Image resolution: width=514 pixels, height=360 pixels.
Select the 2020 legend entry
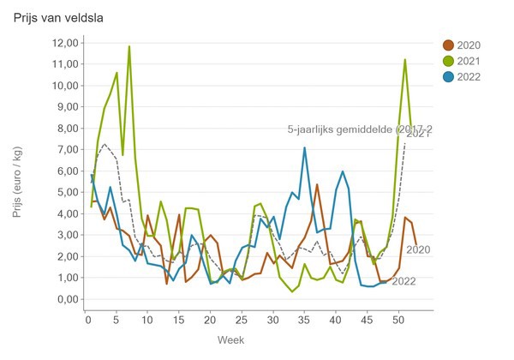469,45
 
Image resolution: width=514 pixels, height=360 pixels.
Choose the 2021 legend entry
469,61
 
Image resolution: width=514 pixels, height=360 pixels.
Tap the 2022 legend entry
469,76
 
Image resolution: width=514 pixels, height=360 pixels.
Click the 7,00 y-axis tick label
65,150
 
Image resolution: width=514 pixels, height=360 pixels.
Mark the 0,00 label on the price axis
65,299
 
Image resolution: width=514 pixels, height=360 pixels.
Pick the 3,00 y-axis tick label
65,235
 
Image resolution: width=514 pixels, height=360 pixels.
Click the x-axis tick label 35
304,321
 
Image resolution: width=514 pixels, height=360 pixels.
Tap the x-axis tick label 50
397,321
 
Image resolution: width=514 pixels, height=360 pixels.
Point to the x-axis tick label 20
211,321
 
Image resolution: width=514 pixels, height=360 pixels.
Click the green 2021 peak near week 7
129,46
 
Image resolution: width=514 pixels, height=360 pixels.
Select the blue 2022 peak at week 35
304,147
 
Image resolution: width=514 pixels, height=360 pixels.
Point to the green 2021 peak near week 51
404,59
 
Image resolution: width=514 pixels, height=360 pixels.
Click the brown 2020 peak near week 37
317,184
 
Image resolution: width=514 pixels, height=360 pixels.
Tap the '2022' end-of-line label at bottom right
404,280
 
